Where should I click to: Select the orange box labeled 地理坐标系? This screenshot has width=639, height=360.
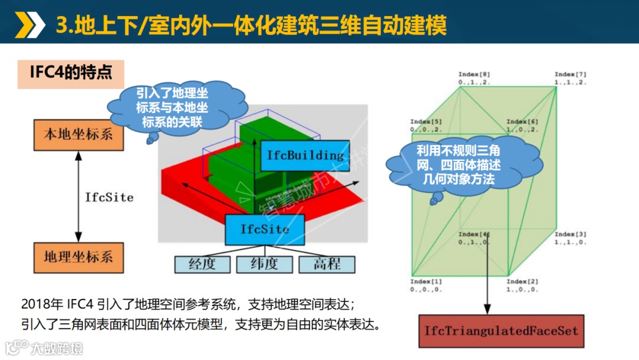78,257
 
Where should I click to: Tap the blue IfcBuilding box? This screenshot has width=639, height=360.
305,156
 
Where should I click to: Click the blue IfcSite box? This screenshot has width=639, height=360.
265,229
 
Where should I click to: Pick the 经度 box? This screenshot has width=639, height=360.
202,264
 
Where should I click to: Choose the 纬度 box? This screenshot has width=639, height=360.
264,264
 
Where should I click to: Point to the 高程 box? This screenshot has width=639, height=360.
327,264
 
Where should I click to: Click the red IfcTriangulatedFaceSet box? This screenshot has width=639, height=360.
501,330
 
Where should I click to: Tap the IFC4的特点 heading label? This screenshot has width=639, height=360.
71,74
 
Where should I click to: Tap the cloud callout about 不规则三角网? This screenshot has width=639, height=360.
463,165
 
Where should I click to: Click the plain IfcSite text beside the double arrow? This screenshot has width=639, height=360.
109,197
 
